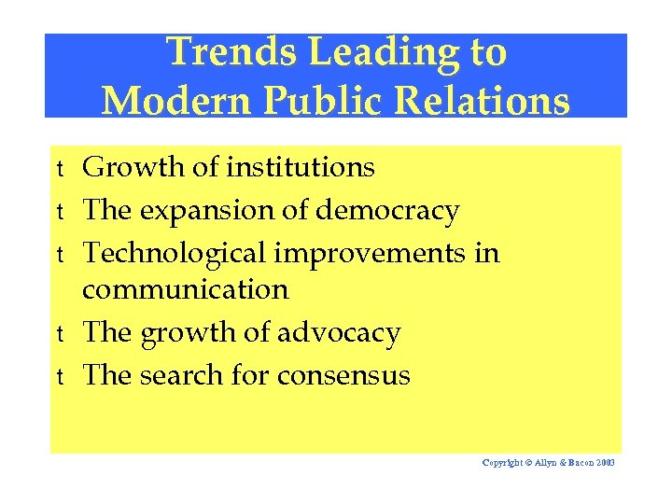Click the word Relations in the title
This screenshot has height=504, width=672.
click(480, 99)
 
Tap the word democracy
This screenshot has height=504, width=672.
click(387, 211)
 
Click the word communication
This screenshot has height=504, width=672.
click(186, 289)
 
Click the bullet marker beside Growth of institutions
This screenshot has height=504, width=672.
click(59, 169)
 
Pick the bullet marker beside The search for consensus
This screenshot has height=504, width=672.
click(59, 377)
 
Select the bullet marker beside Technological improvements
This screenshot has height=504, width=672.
click(59, 255)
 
